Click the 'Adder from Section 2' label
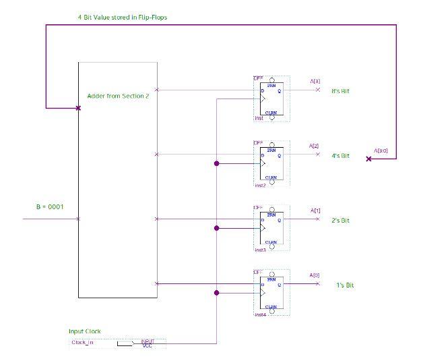click(x=118, y=96)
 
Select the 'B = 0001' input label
click(x=50, y=206)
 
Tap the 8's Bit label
click(x=340, y=90)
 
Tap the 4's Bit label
click(x=339, y=156)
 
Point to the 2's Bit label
click(x=339, y=221)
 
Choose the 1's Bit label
click(x=345, y=285)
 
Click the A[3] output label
click(x=315, y=81)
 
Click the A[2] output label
click(x=314, y=146)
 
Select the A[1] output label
click(x=315, y=211)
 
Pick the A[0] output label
click(x=315, y=275)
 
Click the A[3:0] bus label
click(x=381, y=150)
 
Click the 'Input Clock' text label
click(x=84, y=331)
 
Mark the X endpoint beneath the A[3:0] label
click(x=368, y=159)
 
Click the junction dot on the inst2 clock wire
click(x=216, y=163)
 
